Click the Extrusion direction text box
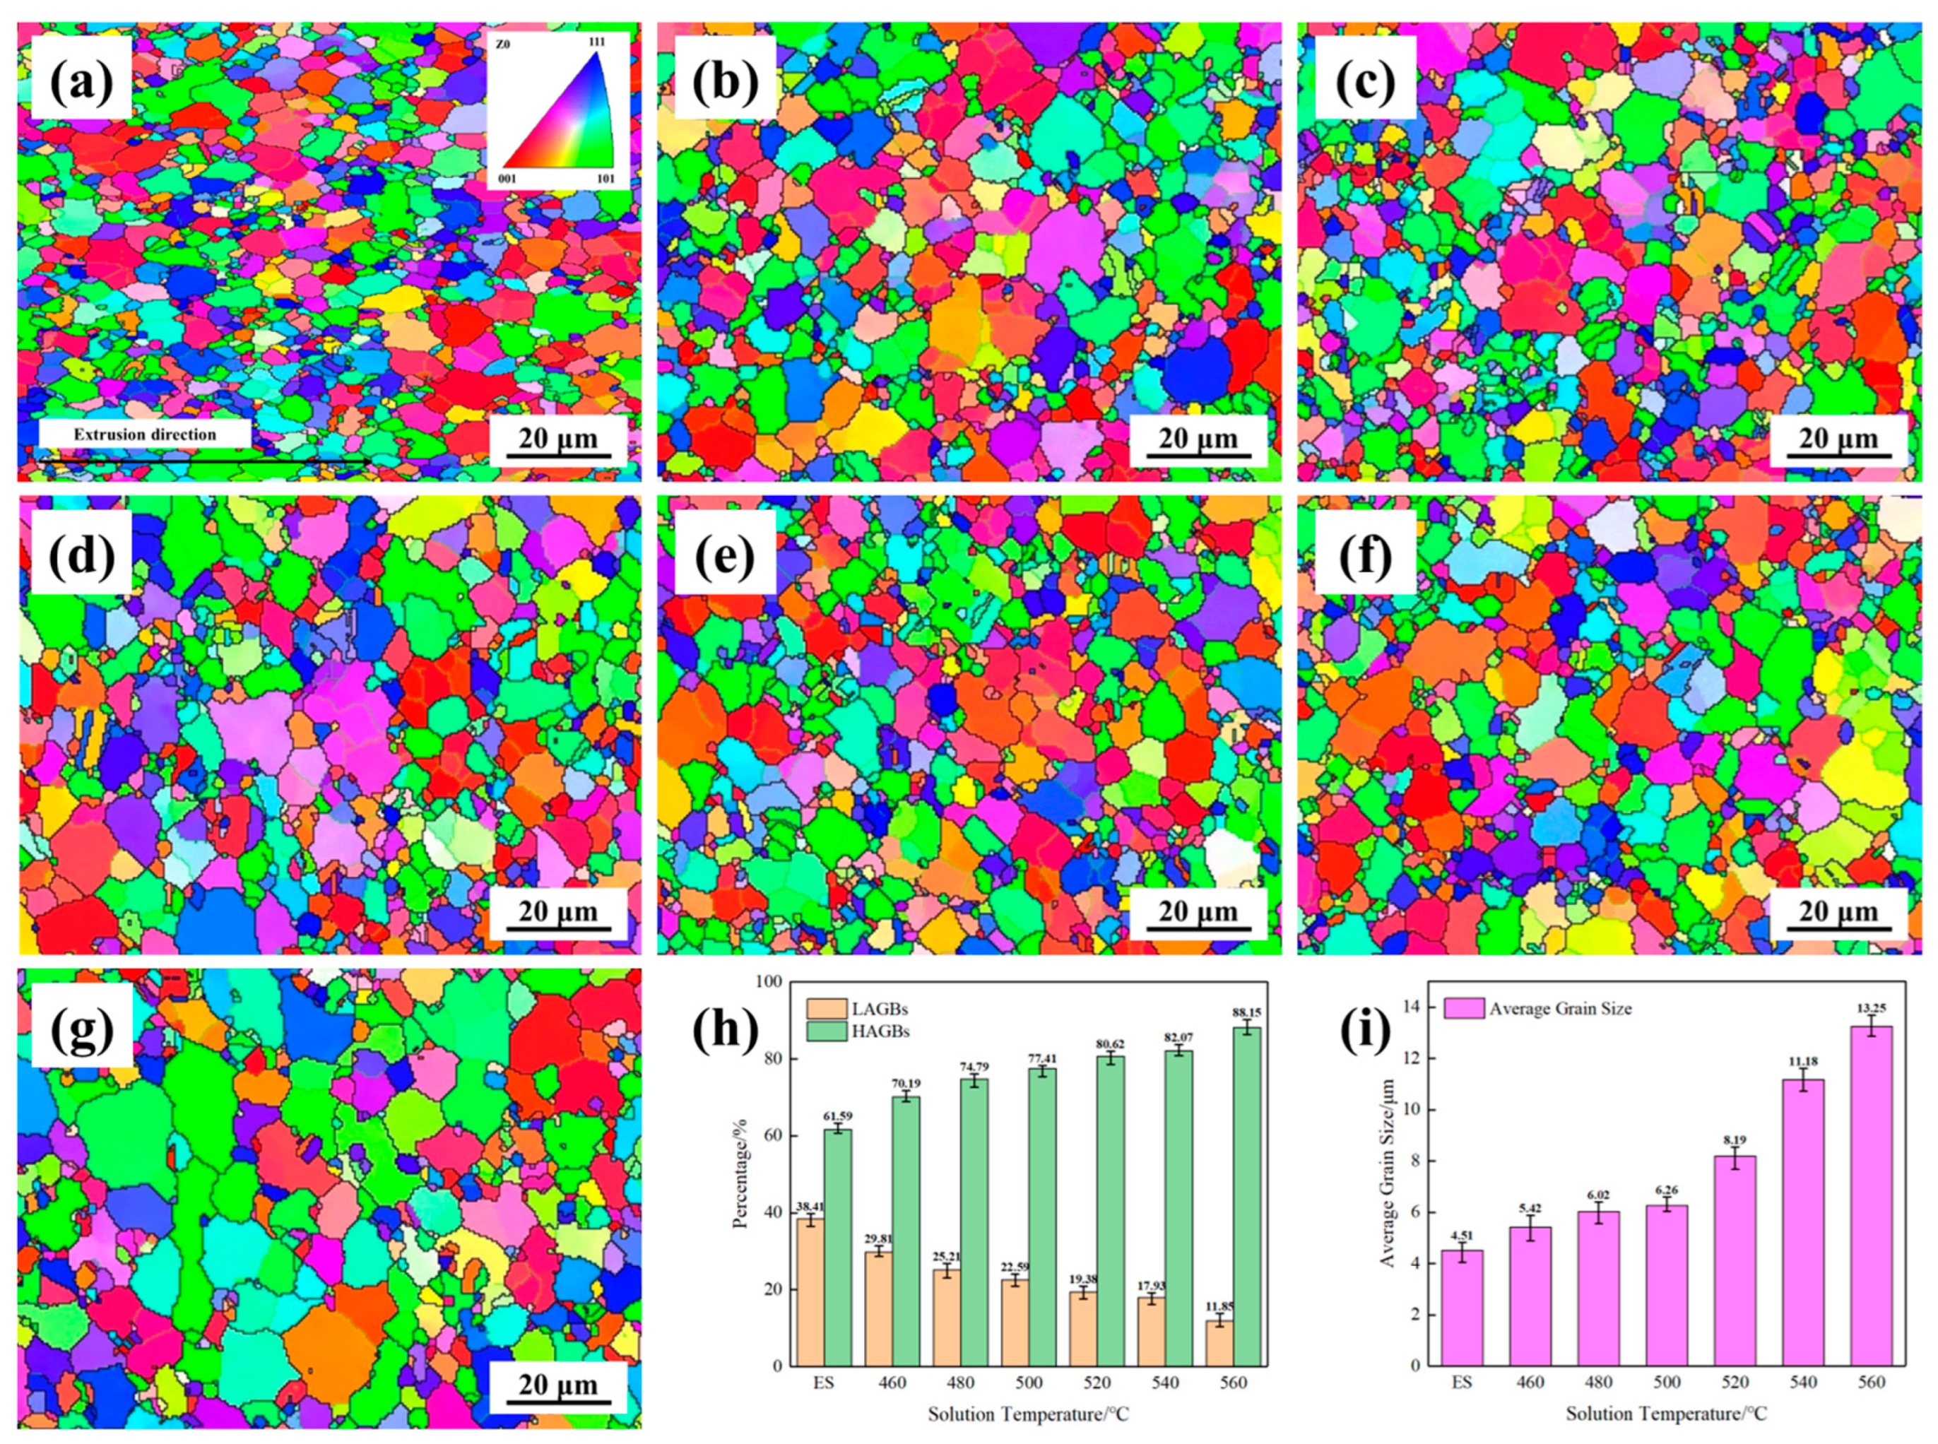pos(145,434)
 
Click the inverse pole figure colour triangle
pos(557,112)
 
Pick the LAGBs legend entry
pos(857,1009)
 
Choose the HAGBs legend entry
pos(857,1031)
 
